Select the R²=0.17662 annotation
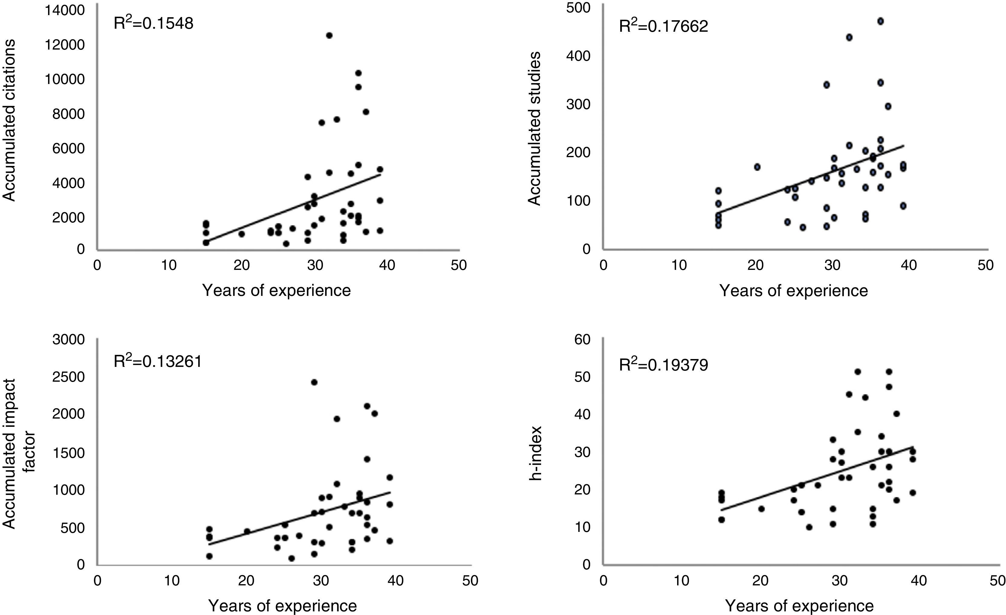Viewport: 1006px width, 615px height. pos(664,26)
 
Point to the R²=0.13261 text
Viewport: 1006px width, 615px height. pos(157,361)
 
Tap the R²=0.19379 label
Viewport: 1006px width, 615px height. pos(664,364)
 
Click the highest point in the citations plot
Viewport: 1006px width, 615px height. pos(329,35)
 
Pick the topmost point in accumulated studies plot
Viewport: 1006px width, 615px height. pos(881,21)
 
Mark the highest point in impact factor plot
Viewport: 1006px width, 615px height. pos(314,382)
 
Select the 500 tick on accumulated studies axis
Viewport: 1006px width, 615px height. pos(579,8)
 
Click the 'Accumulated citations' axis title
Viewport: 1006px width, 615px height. pos(10,120)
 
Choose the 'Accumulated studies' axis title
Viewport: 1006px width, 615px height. pos(534,128)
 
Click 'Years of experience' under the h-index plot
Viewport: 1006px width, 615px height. pos(799,606)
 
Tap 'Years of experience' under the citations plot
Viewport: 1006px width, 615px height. pos(276,290)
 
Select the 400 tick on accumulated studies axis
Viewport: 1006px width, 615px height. pos(579,56)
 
